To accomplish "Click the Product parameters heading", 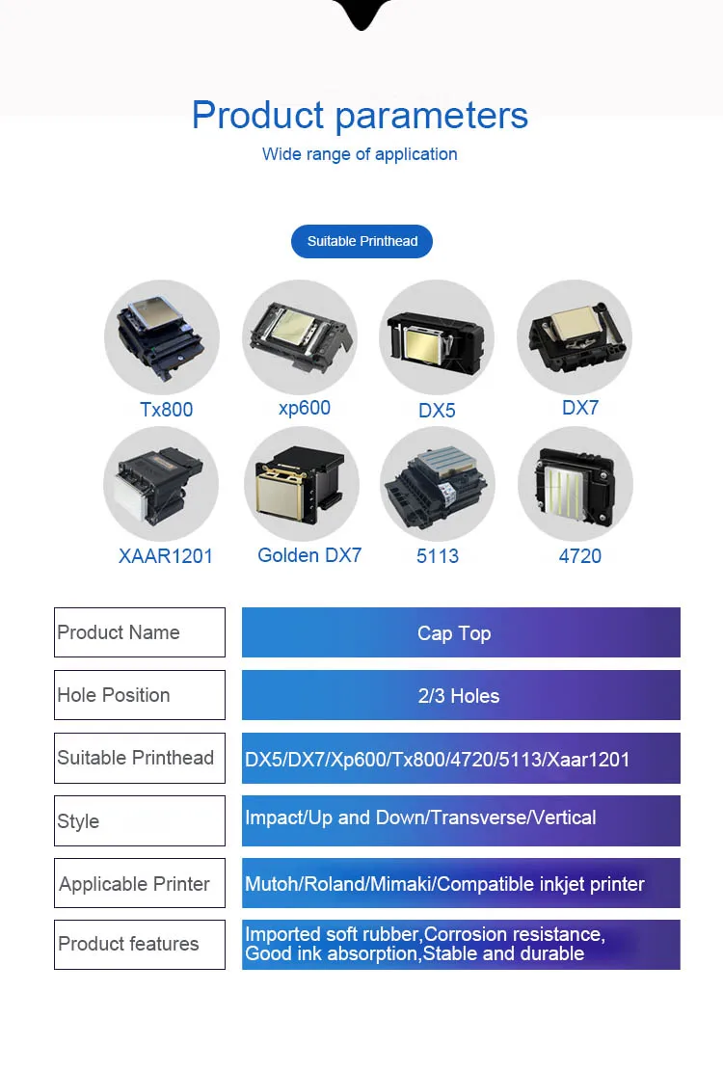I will coord(360,116).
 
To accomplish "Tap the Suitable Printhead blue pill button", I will coord(361,241).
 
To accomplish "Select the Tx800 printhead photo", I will coord(162,337).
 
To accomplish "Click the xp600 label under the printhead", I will coord(305,408).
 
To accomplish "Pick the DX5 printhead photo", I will coord(437,337).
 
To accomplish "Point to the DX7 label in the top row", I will coord(580,408).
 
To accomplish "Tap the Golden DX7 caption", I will coord(309,555).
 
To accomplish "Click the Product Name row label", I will coord(119,632).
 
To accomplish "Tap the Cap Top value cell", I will coord(454,633).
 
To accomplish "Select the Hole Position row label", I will coord(114,695).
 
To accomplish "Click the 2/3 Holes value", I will coord(459,696).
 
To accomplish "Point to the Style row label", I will coord(78,821).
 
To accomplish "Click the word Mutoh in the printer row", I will coord(271,884).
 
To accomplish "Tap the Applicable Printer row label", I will coord(134,884).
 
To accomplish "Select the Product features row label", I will coord(128,944).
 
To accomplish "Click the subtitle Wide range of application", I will coord(360,154).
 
